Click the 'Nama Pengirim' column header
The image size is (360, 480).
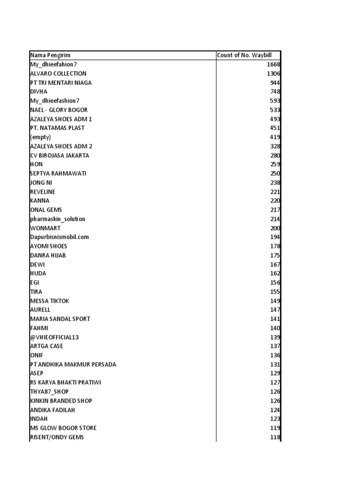[50, 55]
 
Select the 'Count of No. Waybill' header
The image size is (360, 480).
[244, 55]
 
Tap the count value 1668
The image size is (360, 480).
[273, 65]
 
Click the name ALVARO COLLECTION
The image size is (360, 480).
[58, 74]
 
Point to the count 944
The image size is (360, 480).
[275, 82]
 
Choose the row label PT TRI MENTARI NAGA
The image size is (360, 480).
[61, 82]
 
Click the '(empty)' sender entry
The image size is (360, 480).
[40, 137]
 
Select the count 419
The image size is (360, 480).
[275, 137]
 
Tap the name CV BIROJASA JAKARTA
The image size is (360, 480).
[60, 155]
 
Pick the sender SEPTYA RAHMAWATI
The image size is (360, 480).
[58, 173]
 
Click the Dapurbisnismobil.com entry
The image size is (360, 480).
[60, 237]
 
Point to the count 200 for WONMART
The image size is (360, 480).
[275, 228]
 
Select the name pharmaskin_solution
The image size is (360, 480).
[58, 219]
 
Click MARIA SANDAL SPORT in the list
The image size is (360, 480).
[60, 319]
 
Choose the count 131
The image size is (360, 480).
[275, 364]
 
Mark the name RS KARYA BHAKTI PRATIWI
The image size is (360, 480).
[66, 382]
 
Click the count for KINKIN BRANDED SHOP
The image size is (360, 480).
[275, 401]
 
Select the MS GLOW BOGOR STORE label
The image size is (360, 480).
[63, 428]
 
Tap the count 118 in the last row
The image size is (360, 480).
[275, 437]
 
